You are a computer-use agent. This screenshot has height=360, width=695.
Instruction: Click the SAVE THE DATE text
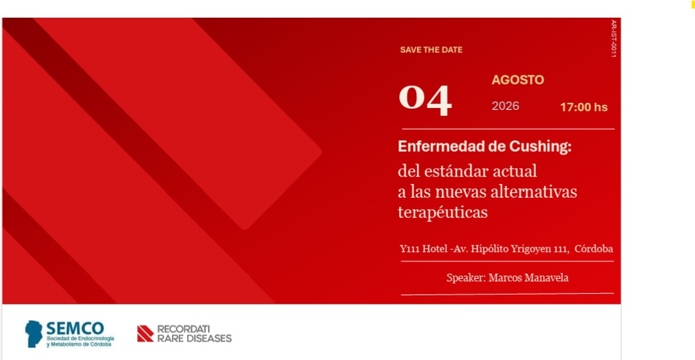[431, 50]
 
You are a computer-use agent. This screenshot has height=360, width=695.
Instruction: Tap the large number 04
[425, 101]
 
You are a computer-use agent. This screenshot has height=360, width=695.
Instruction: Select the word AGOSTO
[518, 81]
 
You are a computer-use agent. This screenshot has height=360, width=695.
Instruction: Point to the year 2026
[505, 106]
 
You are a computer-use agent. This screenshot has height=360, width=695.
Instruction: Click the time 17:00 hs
[584, 107]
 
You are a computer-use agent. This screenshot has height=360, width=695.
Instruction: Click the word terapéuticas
[442, 212]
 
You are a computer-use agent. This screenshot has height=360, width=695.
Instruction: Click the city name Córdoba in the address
[594, 249]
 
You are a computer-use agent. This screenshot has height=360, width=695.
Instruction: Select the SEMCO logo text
[75, 329]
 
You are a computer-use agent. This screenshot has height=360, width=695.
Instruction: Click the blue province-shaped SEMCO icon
[33, 333]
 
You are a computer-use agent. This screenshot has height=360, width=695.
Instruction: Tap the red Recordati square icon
[145, 333]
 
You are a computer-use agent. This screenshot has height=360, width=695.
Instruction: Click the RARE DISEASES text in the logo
[194, 338]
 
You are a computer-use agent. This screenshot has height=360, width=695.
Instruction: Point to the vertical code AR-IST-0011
[613, 39]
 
